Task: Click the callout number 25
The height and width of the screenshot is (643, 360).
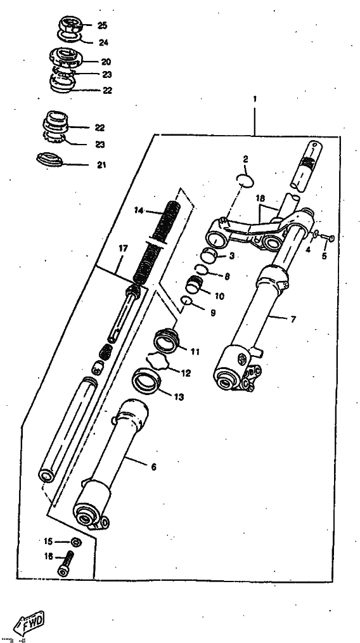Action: click(x=102, y=25)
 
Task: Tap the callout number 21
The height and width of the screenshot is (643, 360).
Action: click(x=101, y=165)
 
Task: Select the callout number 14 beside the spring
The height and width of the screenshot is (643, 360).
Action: click(x=139, y=211)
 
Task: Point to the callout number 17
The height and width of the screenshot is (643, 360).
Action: click(x=123, y=248)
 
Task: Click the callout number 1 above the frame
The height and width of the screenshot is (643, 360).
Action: click(x=255, y=99)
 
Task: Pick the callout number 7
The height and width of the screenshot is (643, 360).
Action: click(x=293, y=319)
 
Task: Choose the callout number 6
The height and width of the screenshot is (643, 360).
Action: click(x=154, y=467)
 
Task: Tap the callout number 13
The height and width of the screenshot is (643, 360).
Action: click(x=179, y=397)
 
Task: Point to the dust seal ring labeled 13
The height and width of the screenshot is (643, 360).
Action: click(x=146, y=382)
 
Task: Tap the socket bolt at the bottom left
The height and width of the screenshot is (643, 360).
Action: click(x=67, y=564)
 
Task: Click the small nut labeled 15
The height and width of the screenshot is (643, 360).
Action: click(x=75, y=542)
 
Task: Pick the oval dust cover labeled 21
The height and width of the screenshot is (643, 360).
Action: click(x=49, y=159)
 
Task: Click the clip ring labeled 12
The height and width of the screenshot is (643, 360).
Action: click(x=158, y=361)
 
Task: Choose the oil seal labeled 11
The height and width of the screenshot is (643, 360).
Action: click(x=167, y=341)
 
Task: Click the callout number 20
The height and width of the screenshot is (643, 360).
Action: click(x=106, y=62)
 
